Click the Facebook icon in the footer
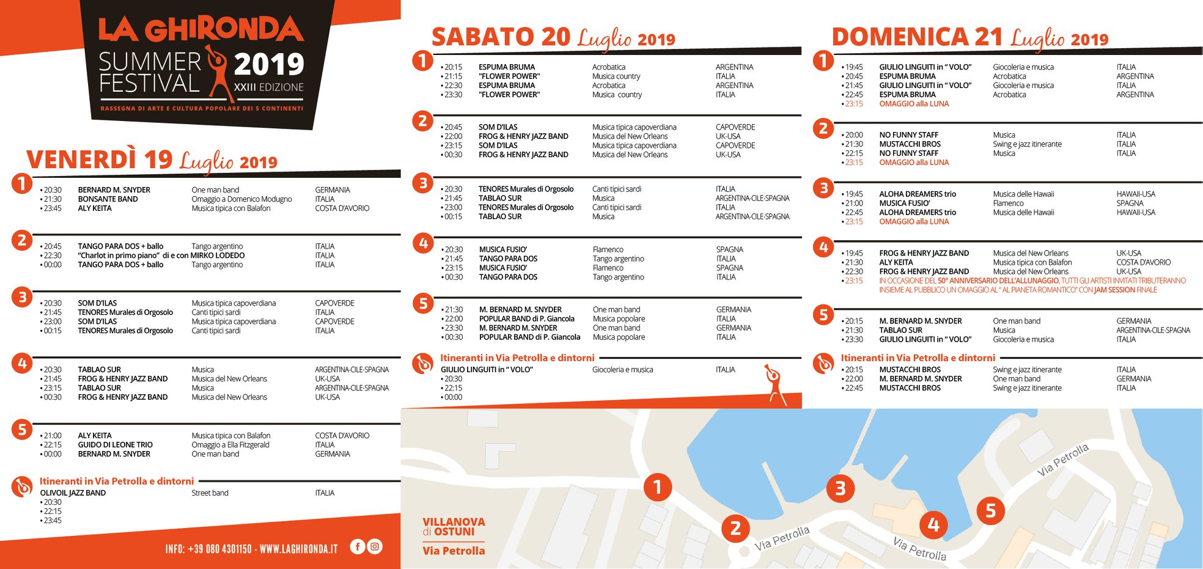point(358,546)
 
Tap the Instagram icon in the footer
point(375,546)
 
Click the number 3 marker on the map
point(841,488)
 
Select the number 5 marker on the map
point(990,510)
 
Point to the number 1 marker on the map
point(658,487)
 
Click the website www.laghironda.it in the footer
point(298,549)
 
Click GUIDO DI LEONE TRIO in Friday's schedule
point(115,445)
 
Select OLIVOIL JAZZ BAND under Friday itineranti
point(73,493)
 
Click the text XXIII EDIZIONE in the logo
point(269,87)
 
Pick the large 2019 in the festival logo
point(269,64)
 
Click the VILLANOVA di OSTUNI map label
point(454,527)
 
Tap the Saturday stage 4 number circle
point(423,243)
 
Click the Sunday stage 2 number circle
point(823,128)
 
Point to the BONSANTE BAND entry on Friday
point(108,199)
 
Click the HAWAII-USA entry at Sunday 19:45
point(1136,194)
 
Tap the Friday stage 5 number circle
point(22,430)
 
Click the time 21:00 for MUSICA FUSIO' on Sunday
point(854,204)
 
